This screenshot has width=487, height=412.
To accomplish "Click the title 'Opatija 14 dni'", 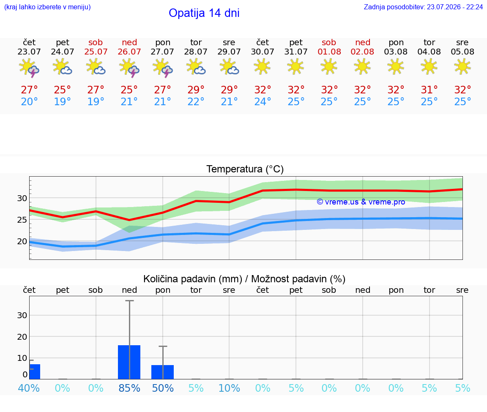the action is pyautogui.click(x=204, y=13).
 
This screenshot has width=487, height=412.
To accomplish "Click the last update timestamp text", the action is pyautogui.click(x=423, y=7).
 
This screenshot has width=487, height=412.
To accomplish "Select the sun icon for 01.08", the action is pyautogui.click(x=329, y=67).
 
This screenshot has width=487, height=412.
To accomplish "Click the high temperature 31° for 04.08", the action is pyautogui.click(x=429, y=90).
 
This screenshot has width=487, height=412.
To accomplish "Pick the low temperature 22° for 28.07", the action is pyautogui.click(x=196, y=101).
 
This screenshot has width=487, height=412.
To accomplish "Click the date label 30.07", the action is pyautogui.click(x=263, y=52).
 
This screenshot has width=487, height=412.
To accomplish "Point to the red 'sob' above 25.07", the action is pyautogui.click(x=96, y=42).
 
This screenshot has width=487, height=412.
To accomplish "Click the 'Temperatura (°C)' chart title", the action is pyautogui.click(x=245, y=169).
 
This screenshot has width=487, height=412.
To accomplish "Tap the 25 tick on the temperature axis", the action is pyautogui.click(x=22, y=220).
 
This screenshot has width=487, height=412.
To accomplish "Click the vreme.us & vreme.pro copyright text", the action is pyautogui.click(x=361, y=202).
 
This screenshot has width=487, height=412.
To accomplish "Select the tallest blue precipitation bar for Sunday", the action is pyautogui.click(x=129, y=362).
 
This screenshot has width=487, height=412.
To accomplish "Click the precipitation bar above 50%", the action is pyautogui.click(x=162, y=372).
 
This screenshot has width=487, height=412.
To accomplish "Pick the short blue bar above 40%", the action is pyautogui.click(x=35, y=371).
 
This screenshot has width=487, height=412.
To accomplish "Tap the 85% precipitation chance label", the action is pyautogui.click(x=129, y=388).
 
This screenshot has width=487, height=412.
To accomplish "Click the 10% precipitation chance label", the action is pyautogui.click(x=229, y=388).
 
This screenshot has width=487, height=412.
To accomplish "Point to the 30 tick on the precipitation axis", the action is pyautogui.click(x=22, y=315).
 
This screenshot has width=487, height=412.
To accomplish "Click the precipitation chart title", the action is pyautogui.click(x=244, y=279).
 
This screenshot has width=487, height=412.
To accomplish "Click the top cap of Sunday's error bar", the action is pyautogui.click(x=129, y=300).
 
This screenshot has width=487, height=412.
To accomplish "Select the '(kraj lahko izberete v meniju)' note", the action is pyautogui.click(x=47, y=7).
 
